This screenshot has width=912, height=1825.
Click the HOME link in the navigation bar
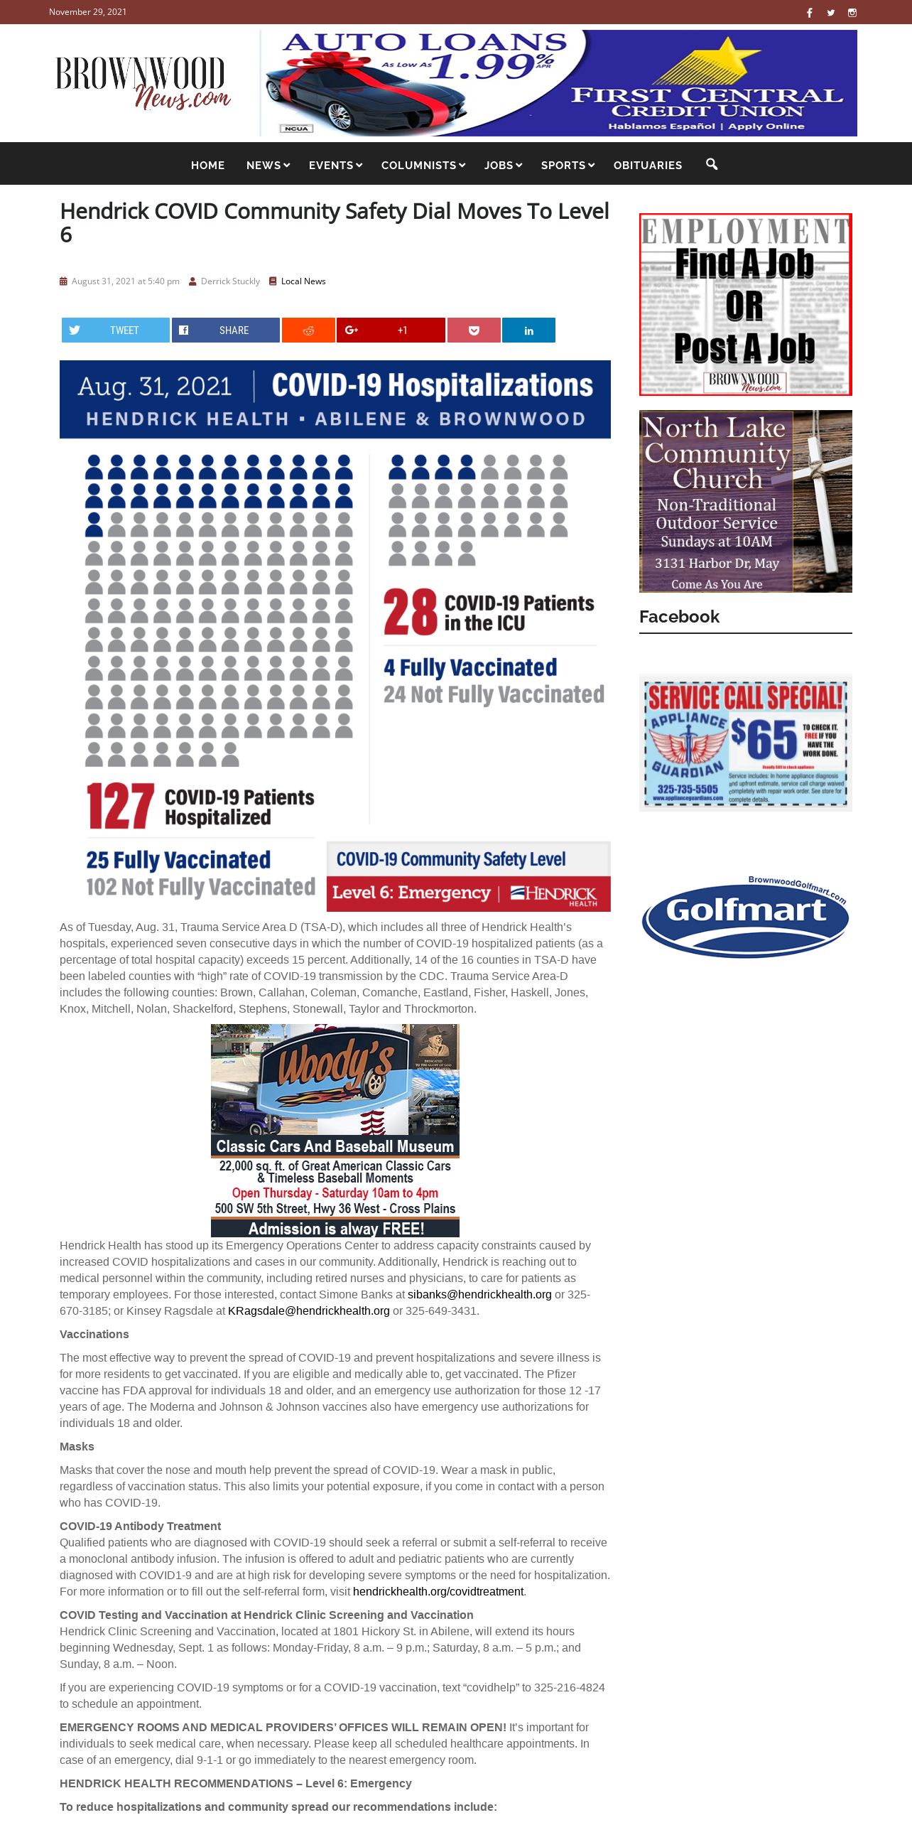[207, 165]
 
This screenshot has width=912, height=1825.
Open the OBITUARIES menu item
[647, 165]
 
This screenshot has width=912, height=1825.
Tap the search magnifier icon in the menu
[712, 164]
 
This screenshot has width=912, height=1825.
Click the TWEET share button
[116, 330]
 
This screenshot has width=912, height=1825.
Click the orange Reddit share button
[308, 330]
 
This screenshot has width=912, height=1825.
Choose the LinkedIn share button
[528, 330]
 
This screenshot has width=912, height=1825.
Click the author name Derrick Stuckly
[230, 281]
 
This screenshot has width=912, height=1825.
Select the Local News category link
[303, 281]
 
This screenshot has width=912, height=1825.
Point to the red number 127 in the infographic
[121, 806]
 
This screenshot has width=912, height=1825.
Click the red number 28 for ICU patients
[411, 612]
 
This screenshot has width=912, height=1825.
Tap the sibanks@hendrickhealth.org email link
[479, 1294]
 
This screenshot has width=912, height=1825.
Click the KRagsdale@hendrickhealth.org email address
[309, 1310]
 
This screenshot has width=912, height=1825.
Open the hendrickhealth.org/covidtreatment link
[438, 1591]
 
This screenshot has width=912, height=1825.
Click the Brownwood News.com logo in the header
[142, 82]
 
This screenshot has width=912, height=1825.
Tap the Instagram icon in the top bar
[852, 12]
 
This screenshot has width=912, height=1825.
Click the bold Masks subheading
[77, 1446]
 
